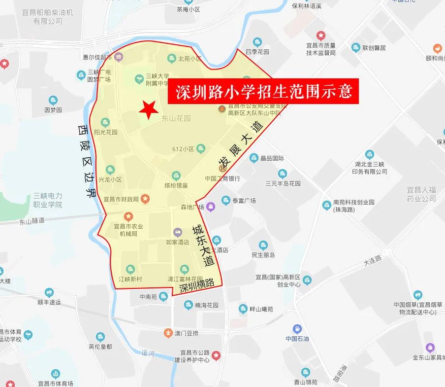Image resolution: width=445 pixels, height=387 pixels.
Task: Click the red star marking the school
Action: (x=148, y=109)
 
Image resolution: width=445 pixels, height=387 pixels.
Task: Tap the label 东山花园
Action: (x=176, y=118)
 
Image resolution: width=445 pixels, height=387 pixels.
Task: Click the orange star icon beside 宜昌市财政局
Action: (x=145, y=199)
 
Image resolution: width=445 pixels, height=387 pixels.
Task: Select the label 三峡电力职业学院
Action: (x=48, y=200)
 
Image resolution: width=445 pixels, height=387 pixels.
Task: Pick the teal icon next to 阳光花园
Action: (x=104, y=122)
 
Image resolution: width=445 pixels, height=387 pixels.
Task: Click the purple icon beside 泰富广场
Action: (x=211, y=206)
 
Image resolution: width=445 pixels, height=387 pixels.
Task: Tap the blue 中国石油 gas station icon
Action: (x=297, y=329)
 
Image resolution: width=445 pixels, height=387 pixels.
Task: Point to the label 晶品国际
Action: (x=272, y=159)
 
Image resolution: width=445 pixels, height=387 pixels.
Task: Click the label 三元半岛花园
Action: (x=283, y=183)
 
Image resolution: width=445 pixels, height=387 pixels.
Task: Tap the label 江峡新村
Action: (x=130, y=279)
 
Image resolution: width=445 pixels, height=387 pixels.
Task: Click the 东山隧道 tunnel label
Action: (x=32, y=221)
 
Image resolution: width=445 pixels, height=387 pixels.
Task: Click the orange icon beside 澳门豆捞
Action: (x=169, y=333)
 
